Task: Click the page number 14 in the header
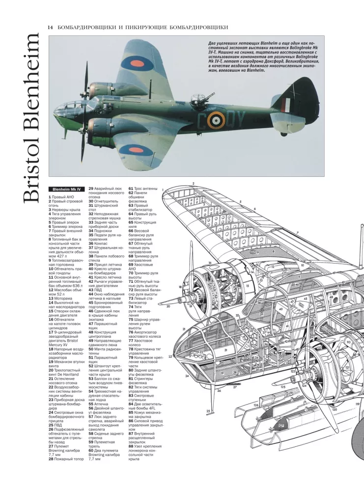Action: [50, 27]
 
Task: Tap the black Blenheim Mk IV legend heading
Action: [67, 190]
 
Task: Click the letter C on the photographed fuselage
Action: [202, 121]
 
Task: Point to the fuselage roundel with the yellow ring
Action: [216, 120]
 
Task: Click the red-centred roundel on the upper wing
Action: [138, 65]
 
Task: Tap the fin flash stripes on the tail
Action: [286, 105]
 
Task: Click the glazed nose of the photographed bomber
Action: [64, 109]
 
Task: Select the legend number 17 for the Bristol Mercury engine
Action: [51, 332]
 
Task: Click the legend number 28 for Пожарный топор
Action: [51, 459]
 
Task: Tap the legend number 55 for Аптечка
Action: [91, 404]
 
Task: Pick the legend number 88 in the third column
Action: [131, 446]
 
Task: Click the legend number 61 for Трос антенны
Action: [131, 189]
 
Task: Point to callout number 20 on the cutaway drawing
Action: [168, 306]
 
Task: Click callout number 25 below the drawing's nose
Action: [208, 411]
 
